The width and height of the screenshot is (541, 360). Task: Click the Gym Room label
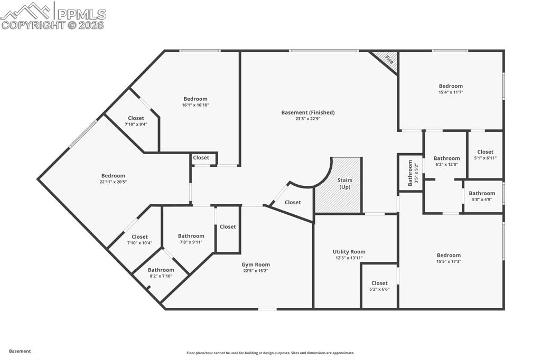256,264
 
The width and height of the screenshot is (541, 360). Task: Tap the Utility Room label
349,252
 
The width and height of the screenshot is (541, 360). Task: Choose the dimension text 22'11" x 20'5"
114,182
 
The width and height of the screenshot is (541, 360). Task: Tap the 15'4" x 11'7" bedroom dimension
451,92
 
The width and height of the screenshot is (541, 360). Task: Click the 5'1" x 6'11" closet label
485,158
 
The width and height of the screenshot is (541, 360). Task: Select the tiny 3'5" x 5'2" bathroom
410,173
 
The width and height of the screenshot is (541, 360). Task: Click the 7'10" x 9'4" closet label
136,118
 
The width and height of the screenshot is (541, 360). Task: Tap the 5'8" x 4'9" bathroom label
482,193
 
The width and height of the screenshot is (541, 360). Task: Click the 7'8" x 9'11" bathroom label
191,236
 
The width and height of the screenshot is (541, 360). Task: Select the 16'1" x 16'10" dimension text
195,105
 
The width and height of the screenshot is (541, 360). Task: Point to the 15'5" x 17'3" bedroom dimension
449,261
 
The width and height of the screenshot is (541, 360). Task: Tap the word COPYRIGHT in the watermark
33,25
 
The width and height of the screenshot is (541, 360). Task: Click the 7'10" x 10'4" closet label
139,236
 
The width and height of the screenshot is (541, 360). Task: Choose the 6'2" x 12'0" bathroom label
446,158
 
